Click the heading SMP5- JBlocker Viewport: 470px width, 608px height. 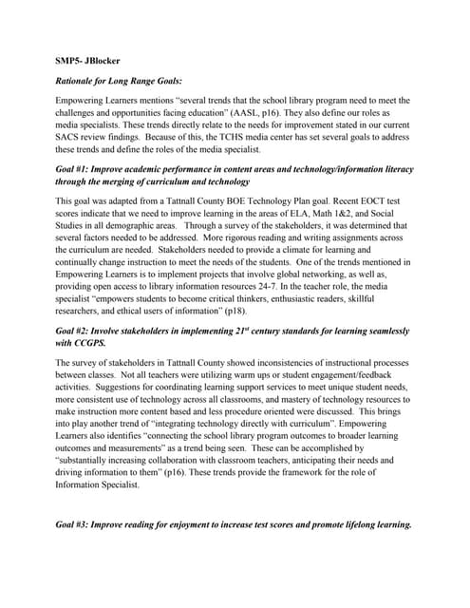coord(87,60)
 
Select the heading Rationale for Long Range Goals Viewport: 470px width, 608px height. coord(119,80)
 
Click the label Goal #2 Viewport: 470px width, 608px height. coord(77,330)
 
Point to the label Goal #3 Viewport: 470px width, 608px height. coord(77,523)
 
